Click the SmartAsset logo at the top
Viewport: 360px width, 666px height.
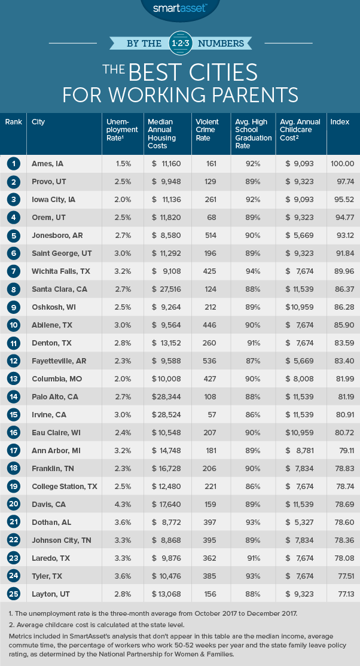tap(179, 8)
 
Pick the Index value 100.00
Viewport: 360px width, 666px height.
tap(342, 162)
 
